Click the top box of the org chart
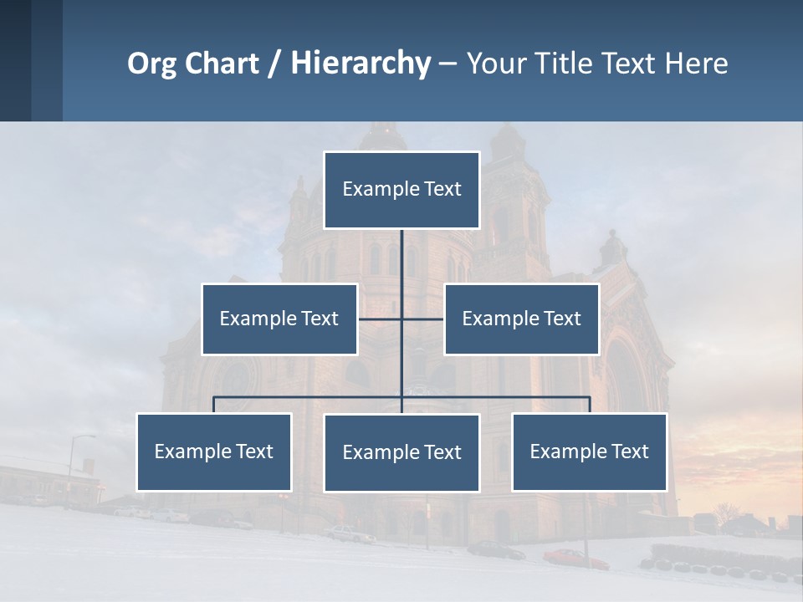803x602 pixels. pyautogui.click(x=401, y=190)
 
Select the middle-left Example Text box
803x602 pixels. pyautogui.click(x=279, y=319)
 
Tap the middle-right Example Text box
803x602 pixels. pyautogui.click(x=521, y=319)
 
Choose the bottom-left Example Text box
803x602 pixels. pyautogui.click(x=214, y=451)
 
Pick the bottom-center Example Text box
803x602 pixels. pyautogui.click(x=401, y=452)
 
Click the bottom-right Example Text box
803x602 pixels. pyautogui.click(x=589, y=451)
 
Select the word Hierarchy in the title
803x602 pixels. pyautogui.click(x=361, y=64)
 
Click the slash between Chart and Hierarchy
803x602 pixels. pyautogui.click(x=274, y=64)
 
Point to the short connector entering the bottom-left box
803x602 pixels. pyautogui.click(x=214, y=405)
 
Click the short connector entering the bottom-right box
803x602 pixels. pyautogui.click(x=590, y=405)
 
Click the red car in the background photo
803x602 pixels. pyautogui.click(x=575, y=558)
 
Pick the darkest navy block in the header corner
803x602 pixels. pyautogui.click(x=15, y=60)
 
